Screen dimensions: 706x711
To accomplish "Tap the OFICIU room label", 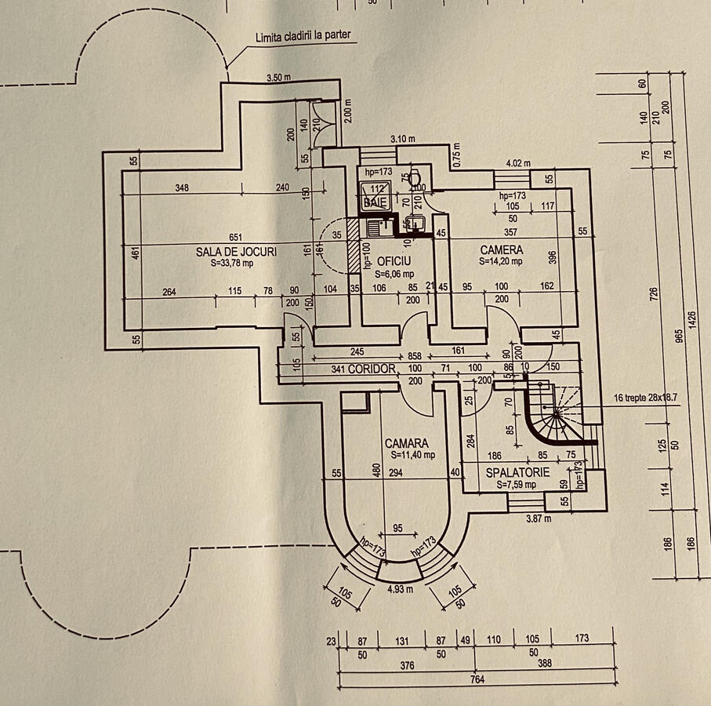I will click(x=394, y=260).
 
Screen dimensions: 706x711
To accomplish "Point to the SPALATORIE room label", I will click(x=517, y=474).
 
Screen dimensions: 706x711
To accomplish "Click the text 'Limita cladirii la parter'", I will click(x=305, y=37).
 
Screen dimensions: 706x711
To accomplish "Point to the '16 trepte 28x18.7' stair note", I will click(x=646, y=398).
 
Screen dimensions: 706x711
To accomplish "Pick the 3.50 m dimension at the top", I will click(x=279, y=78).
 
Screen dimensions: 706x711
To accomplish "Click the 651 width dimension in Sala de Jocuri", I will click(x=236, y=238).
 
